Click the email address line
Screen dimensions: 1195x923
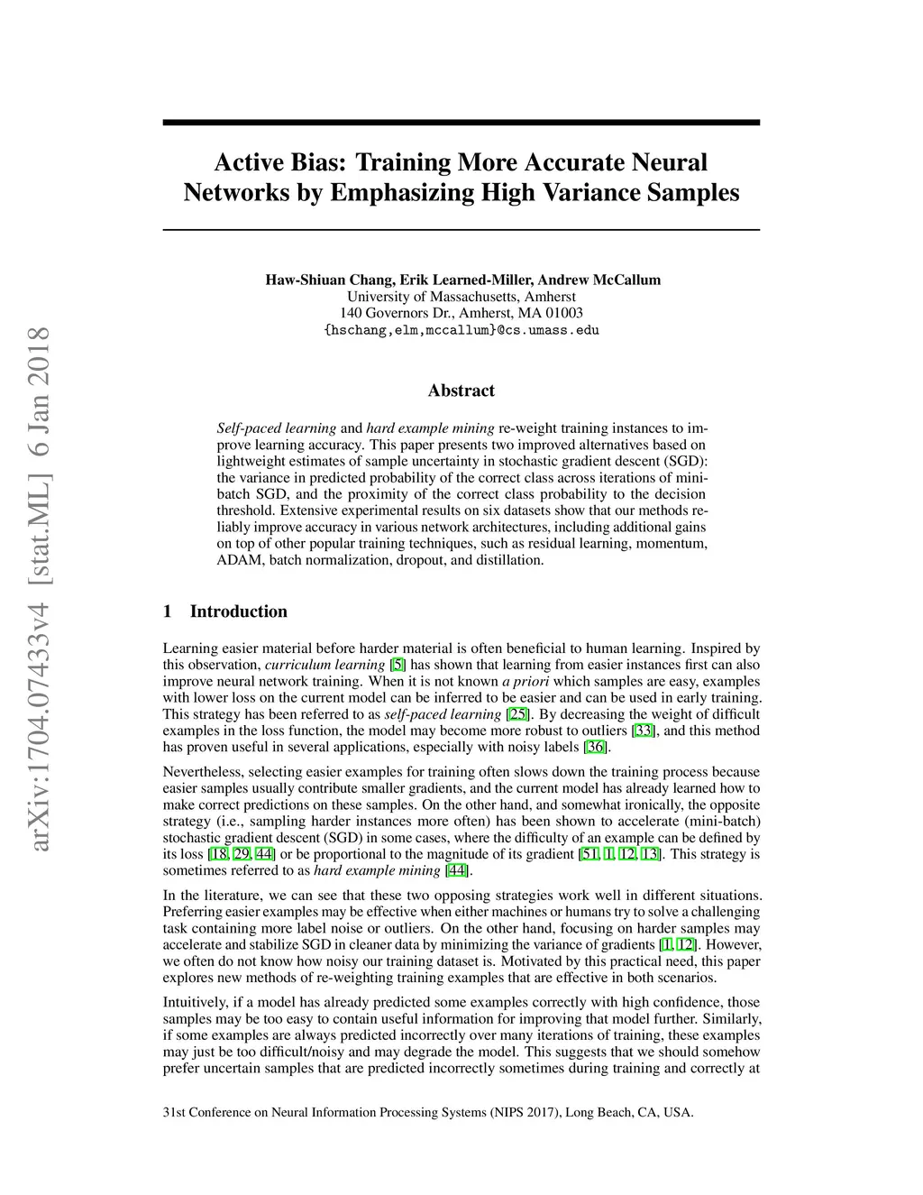(x=461, y=330)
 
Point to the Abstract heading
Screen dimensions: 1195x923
(x=461, y=391)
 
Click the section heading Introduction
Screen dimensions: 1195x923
(x=238, y=611)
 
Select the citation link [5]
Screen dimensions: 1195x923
(x=398, y=665)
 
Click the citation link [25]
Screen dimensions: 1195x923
(x=518, y=714)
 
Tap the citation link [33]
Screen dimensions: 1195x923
(x=644, y=731)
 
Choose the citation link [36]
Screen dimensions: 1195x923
(x=596, y=747)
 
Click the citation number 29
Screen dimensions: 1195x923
(x=242, y=854)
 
